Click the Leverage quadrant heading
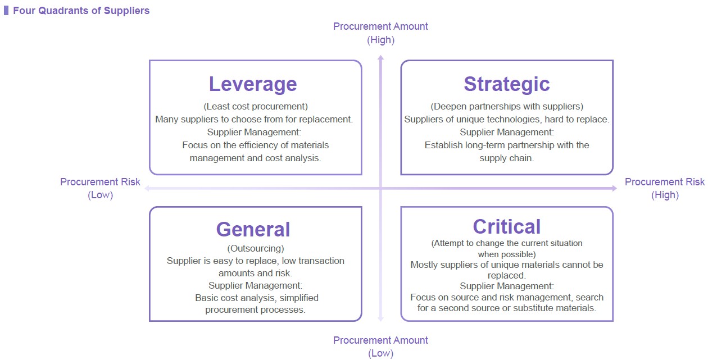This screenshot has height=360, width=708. point(253,84)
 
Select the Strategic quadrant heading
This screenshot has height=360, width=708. point(507,84)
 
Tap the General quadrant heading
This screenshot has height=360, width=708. point(253,229)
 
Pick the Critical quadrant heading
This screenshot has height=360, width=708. point(507,227)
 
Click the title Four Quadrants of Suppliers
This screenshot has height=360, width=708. point(81,11)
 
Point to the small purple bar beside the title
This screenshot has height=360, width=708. point(6,11)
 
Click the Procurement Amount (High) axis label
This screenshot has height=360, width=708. point(380,33)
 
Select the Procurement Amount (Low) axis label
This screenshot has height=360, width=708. point(380,347)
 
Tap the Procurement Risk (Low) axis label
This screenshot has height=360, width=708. point(100,188)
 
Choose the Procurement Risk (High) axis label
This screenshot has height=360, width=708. point(665,188)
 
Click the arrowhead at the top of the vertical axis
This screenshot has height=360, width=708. point(380,57)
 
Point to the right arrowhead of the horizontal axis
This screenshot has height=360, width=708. point(614,189)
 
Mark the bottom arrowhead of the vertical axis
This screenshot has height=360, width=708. point(380,319)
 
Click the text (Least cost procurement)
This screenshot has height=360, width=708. point(255,106)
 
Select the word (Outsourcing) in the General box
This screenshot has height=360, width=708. point(255,249)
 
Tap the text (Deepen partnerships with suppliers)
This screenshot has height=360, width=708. point(507,106)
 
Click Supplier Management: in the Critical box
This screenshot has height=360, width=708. point(507,286)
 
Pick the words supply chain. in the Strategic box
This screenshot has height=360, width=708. point(507,158)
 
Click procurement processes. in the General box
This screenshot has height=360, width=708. point(255,310)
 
